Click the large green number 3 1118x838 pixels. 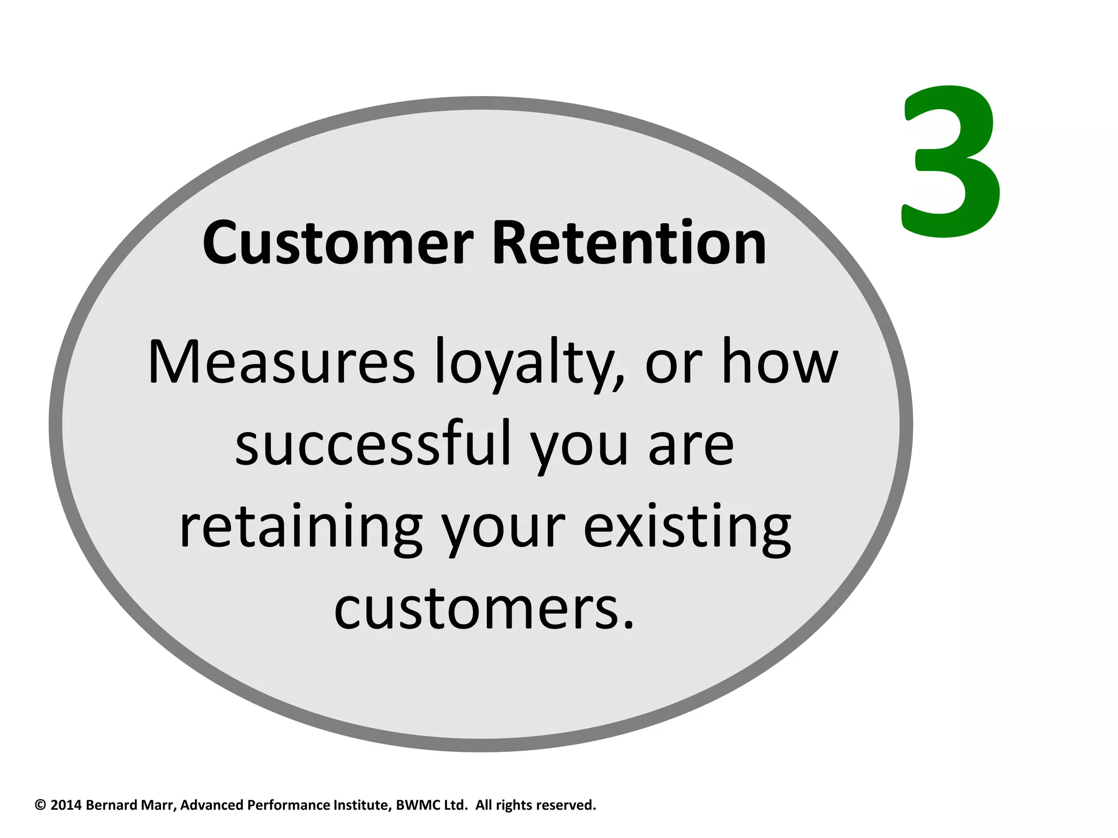click(x=951, y=163)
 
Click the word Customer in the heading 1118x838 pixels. click(x=337, y=243)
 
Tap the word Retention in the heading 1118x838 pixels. click(x=629, y=243)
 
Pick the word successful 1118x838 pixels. click(x=373, y=445)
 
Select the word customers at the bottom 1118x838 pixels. click(x=484, y=609)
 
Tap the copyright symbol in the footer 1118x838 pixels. click(x=40, y=805)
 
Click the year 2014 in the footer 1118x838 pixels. click(x=66, y=805)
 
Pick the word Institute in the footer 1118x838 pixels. click(x=362, y=805)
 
